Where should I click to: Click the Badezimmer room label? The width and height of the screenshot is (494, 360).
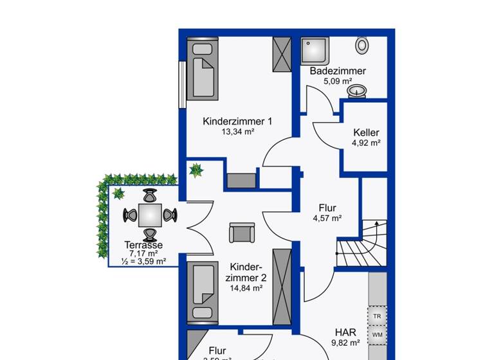pos(338,71)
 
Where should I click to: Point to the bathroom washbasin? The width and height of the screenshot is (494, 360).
pos(357,91)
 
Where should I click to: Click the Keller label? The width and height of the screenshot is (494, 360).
pos(366,133)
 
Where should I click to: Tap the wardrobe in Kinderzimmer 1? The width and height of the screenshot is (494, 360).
pos(282,54)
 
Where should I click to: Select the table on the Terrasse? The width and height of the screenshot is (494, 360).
pos(149,215)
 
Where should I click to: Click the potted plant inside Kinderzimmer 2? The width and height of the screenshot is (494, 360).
pos(196,171)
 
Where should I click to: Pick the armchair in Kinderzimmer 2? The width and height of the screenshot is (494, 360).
pos(241,232)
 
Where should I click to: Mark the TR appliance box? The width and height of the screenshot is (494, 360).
pos(377,317)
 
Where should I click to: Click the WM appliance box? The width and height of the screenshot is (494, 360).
pos(377,335)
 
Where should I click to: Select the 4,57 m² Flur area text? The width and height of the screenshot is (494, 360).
pos(327,219)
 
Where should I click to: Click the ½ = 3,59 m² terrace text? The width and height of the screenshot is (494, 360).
pos(143,261)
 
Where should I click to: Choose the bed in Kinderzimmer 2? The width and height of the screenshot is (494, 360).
pos(203,292)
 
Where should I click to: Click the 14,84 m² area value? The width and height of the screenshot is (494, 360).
pos(246,289)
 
